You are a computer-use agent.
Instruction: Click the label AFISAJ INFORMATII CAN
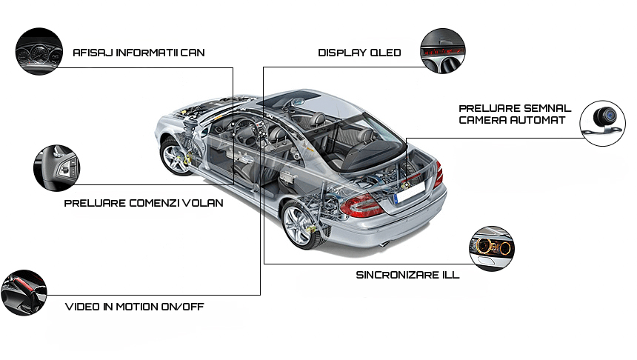coord(139,53)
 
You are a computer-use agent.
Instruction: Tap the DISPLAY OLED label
coord(359,53)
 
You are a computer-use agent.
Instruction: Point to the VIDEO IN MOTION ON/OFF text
coord(134,306)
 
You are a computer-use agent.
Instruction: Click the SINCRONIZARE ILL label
coord(407,274)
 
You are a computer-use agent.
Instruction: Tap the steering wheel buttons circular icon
coord(56,168)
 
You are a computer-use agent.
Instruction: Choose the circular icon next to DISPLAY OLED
coord(443,51)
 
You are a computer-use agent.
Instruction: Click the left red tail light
coord(361,205)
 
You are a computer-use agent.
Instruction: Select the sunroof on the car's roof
coord(301,96)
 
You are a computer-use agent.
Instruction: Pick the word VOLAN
coord(202,202)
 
